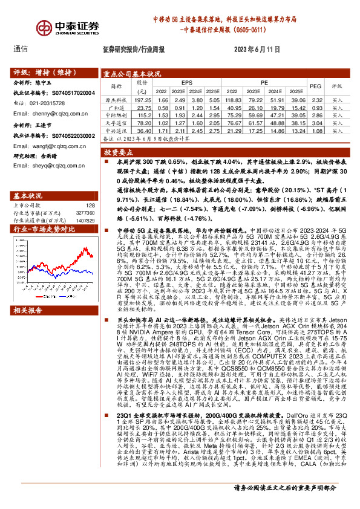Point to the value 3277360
click(x=84, y=212)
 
